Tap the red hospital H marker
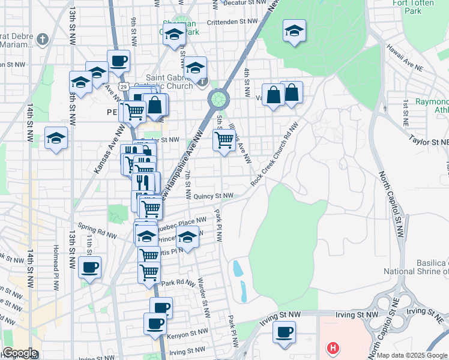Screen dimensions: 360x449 tap(332, 347)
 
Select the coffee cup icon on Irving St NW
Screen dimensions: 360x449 tap(284, 331)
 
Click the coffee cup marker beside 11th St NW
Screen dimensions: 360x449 tap(89, 267)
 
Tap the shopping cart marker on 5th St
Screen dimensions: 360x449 tap(224, 140)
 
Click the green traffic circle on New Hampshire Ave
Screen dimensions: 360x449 tap(218, 98)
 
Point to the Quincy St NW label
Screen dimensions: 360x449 tap(214, 196)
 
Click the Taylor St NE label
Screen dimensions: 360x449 tap(429, 142)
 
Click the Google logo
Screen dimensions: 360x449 tap(19, 353)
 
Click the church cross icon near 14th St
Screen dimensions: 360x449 tap(41, 40)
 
